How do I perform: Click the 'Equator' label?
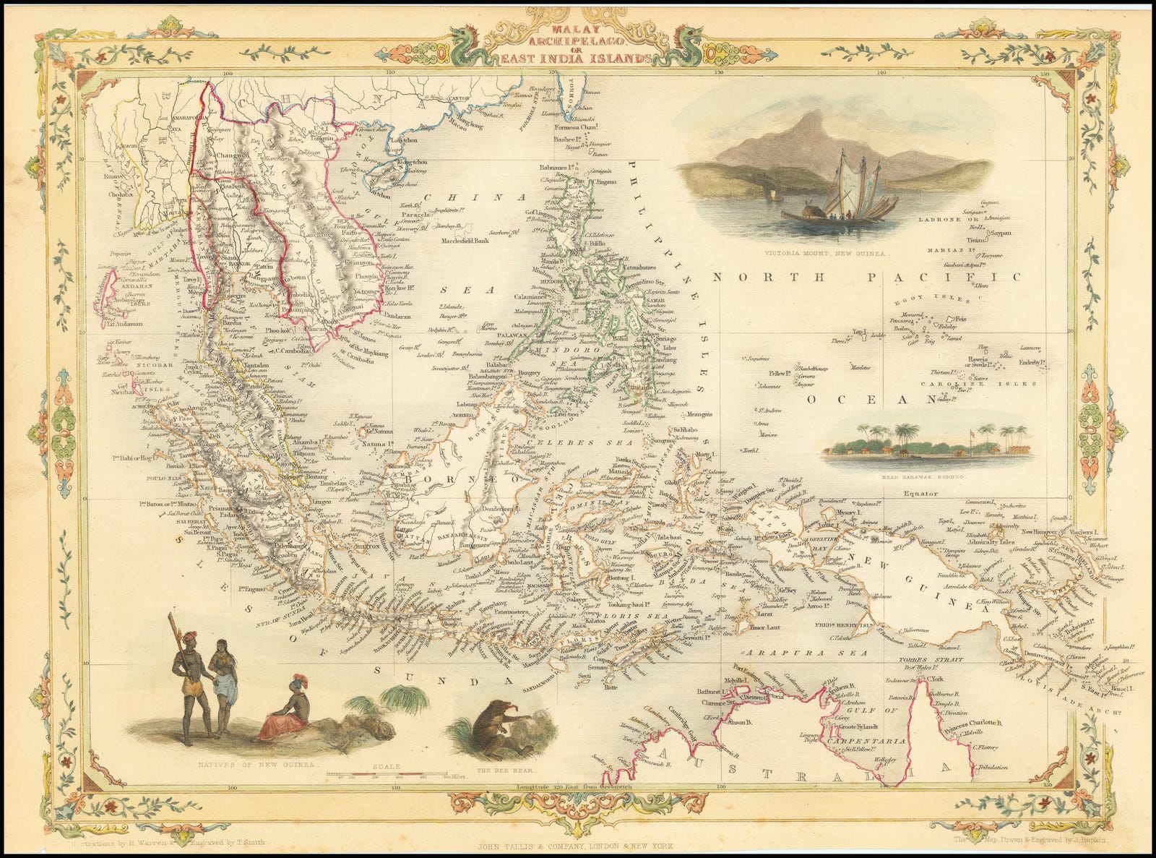(x=920, y=494)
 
